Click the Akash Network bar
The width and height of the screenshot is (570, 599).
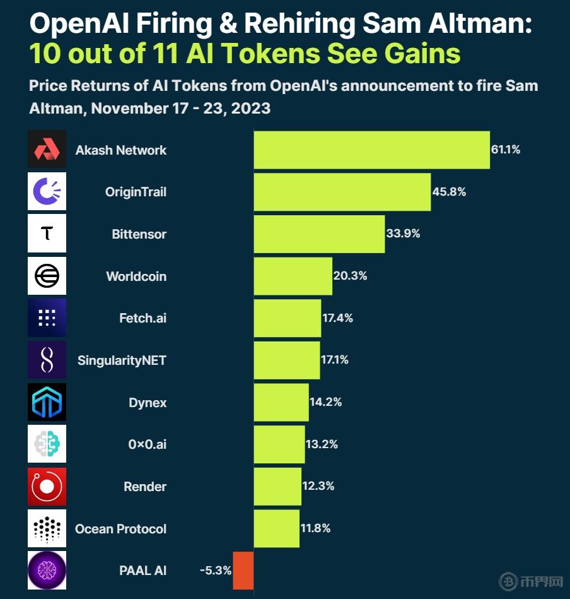click(371, 150)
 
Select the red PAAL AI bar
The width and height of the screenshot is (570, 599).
click(243, 571)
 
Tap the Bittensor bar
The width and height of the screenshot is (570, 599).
click(319, 234)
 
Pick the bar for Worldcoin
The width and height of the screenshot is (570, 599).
click(293, 276)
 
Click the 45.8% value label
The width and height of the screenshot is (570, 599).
click(449, 191)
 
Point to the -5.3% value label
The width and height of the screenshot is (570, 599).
click(215, 570)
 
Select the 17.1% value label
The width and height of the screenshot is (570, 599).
click(335, 360)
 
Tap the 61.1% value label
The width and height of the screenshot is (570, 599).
click(505, 150)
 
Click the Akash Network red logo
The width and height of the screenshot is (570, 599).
click(47, 150)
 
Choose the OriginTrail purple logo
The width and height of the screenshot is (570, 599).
click(47, 191)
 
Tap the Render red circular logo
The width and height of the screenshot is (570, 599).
click(47, 486)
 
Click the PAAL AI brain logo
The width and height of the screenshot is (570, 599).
click(47, 570)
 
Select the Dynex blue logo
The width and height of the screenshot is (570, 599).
click(47, 402)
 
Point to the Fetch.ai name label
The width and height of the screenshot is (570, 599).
click(142, 318)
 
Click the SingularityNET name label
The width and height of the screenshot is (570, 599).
click(122, 360)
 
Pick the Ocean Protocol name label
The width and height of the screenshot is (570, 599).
click(120, 529)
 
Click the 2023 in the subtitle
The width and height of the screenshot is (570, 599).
click(251, 108)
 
